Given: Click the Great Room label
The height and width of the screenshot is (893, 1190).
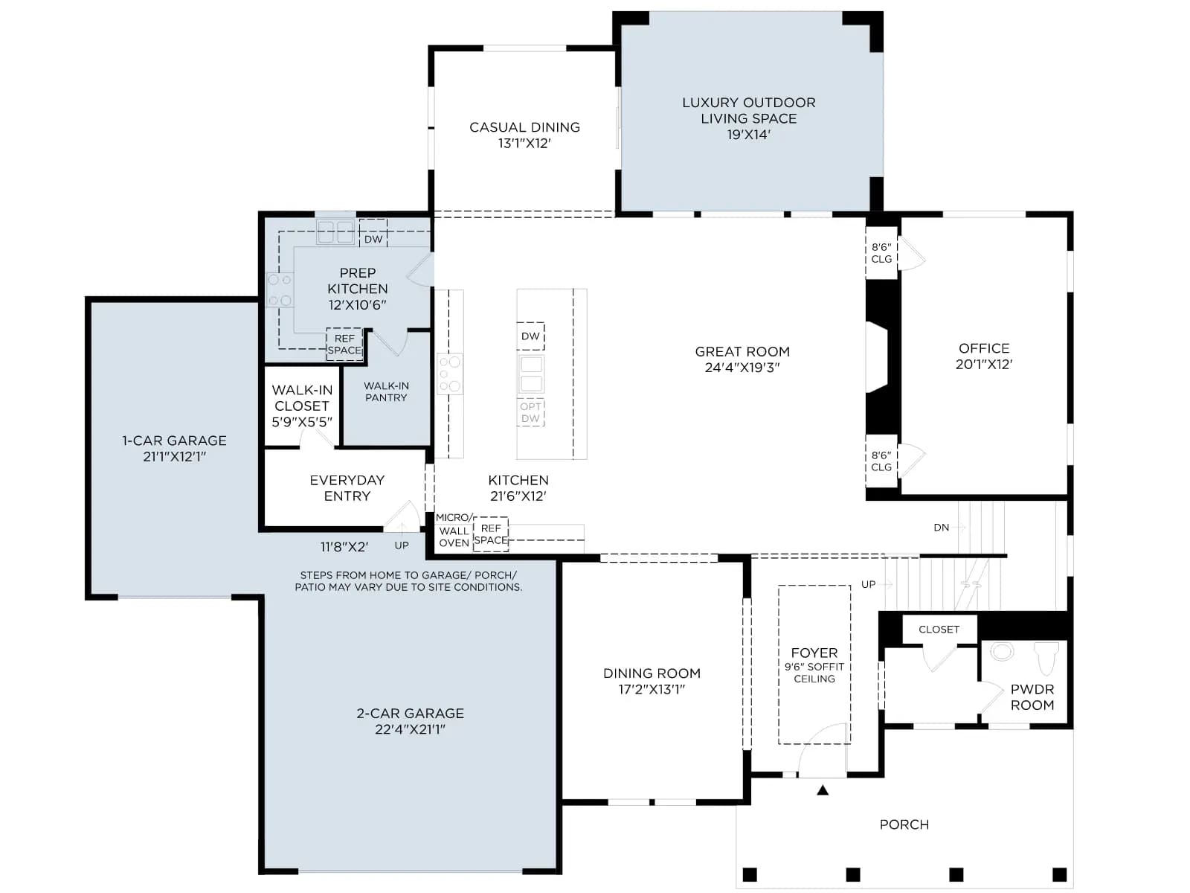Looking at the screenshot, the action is point(742,351).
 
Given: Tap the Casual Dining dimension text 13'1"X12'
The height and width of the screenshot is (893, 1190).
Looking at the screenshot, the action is point(524,143).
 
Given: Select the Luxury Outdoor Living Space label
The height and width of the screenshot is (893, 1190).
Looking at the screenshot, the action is point(749,111).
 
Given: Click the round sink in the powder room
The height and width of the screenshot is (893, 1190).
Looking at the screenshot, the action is point(1001,651).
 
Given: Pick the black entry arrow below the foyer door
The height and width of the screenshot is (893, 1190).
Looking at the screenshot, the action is point(823,790).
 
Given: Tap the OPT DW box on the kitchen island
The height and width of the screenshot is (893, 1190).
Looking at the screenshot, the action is point(530,412).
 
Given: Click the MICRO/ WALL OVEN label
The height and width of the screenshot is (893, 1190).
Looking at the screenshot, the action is point(454,531).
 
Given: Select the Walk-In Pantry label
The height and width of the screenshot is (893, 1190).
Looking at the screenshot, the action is point(386,391).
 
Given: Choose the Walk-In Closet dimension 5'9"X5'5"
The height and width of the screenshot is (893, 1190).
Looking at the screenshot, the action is point(302,422).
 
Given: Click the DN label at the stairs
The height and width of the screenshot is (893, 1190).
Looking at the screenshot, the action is point(941,527).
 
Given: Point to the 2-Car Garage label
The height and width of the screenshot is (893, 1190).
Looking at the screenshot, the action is point(411,713).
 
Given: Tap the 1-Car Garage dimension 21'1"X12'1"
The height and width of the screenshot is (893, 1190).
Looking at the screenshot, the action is point(175,456).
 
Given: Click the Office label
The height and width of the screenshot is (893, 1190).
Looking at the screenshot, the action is point(984,348).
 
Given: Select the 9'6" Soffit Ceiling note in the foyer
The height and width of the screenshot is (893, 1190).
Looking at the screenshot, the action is point(814,672).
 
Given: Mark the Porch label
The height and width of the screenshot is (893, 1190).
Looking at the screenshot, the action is point(904,824).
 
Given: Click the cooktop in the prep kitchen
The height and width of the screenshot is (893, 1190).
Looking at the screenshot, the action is point(280,290).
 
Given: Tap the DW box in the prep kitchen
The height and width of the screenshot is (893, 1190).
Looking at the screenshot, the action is point(373,233).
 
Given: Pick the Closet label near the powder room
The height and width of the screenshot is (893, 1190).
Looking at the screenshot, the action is point(939,629).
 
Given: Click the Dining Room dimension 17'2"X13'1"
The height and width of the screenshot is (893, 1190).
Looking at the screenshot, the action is point(652,689).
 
